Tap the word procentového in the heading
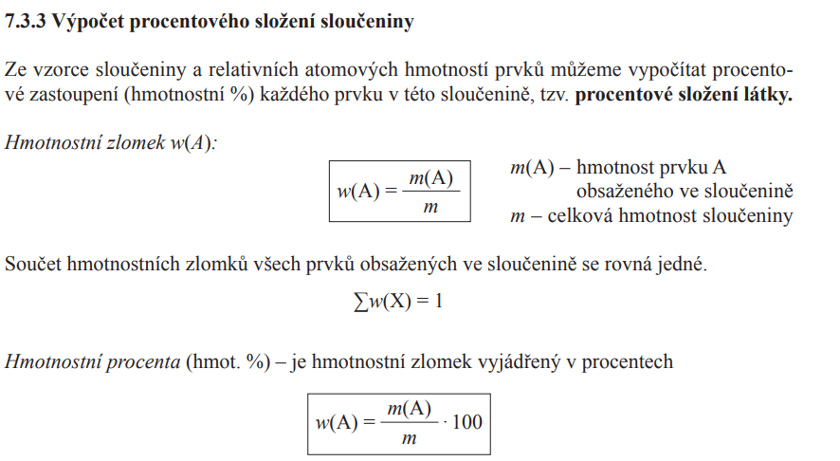173,22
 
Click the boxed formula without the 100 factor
399,191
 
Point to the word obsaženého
621,192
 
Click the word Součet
35,265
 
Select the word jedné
683,265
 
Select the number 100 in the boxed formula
467,421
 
